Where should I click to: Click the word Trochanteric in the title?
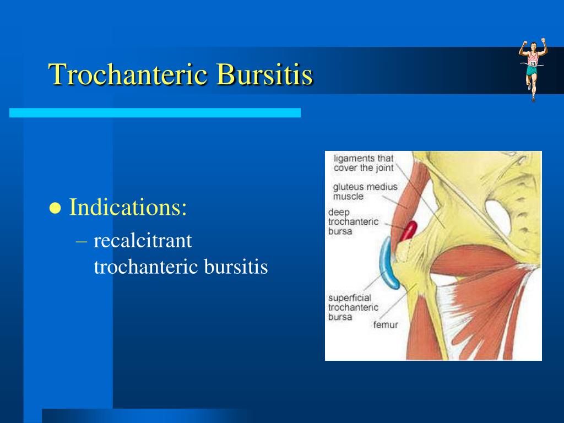pyautogui.click(x=128, y=74)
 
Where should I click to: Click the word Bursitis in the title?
pyautogui.click(x=264, y=74)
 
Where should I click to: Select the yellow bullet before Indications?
pyautogui.click(x=55, y=208)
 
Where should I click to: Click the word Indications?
pyautogui.click(x=128, y=207)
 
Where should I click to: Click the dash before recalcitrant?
pyautogui.click(x=82, y=241)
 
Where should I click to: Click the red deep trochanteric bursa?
pyautogui.click(x=409, y=231)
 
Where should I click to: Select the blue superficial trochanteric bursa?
pyautogui.click(x=387, y=263)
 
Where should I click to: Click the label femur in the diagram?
pyautogui.click(x=385, y=325)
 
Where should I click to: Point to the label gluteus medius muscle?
pyautogui.click(x=365, y=191)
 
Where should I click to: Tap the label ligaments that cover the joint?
pyautogui.click(x=364, y=163)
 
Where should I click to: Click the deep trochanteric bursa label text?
pyautogui.click(x=353, y=221)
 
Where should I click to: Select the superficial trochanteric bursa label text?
pyautogui.click(x=353, y=307)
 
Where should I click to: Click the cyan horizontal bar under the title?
pyautogui.click(x=155, y=112)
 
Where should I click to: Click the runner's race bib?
pyautogui.click(x=533, y=63)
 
